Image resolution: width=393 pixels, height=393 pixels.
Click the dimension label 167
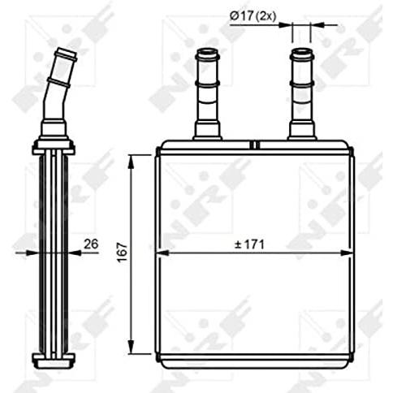pyautogui.click(x=123, y=253)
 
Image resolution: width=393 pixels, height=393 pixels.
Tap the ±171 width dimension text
pyautogui.click(x=249, y=244)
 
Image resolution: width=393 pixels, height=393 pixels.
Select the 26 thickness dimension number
pyautogui.click(x=91, y=244)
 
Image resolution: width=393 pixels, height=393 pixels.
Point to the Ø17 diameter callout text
pyautogui.click(x=241, y=16)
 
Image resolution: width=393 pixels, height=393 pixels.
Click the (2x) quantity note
pyautogui.click(x=266, y=17)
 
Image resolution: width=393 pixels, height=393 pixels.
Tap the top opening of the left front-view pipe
pyautogui.click(x=207, y=51)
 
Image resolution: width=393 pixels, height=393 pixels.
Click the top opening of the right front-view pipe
pyautogui.click(x=301, y=51)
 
